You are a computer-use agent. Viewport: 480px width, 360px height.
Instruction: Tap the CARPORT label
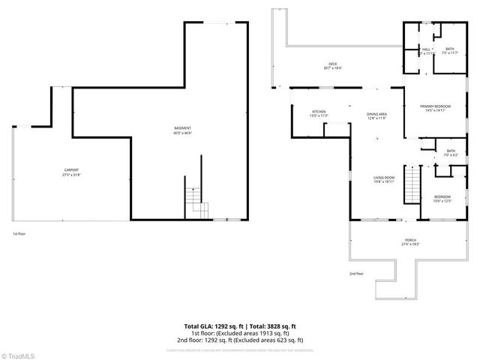point(71,170)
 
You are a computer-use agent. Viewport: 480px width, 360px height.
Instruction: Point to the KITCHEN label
point(319,112)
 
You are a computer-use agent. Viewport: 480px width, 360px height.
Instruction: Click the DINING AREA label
point(376,114)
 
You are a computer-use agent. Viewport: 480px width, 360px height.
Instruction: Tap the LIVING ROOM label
point(384,177)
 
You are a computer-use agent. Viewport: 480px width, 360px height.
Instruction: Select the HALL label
point(425,50)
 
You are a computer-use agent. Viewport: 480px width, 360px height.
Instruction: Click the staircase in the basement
point(194,199)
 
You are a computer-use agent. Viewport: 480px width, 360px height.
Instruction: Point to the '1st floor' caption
point(19,234)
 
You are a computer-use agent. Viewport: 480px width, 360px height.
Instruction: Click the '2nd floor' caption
point(355,274)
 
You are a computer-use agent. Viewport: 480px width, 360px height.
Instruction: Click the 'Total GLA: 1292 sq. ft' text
point(212,325)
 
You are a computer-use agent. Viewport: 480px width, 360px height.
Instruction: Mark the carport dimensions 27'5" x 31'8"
point(71,175)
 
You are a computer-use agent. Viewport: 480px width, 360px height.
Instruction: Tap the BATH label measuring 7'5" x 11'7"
point(449,50)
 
